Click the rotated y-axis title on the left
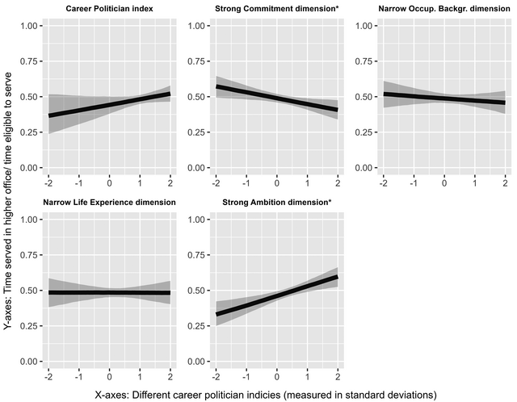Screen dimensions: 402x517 tap(7, 194)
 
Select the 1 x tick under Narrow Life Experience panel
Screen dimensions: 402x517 tap(141, 376)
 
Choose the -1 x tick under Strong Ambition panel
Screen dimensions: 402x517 tap(245, 376)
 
